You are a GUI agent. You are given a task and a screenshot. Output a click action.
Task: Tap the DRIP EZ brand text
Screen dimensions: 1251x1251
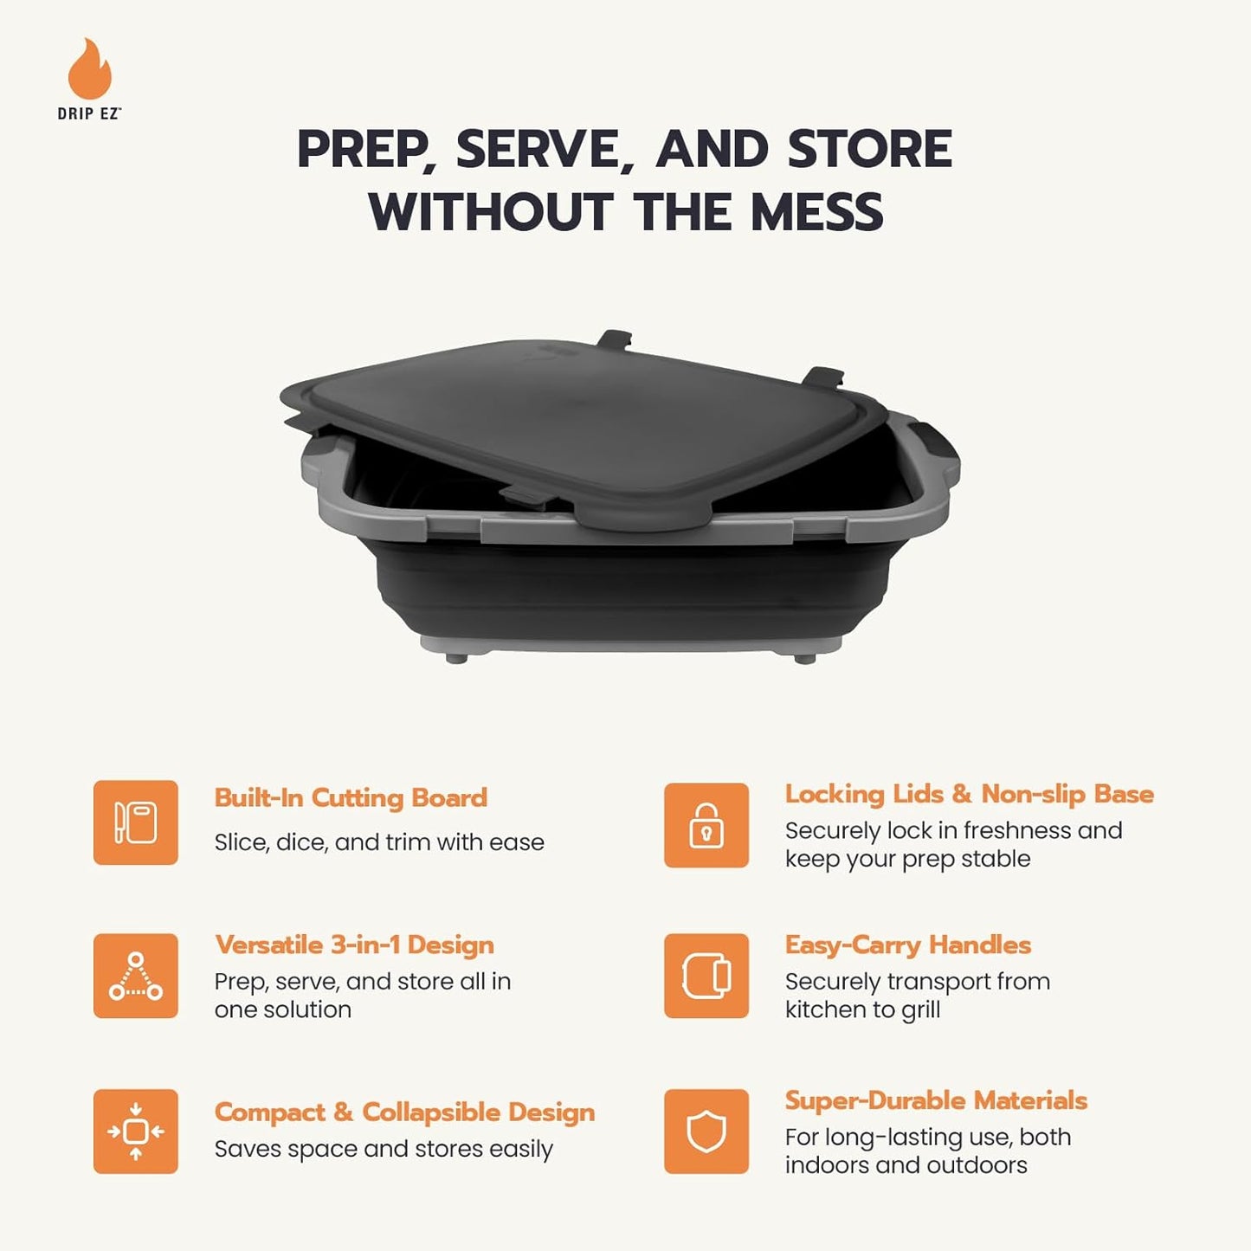(89, 113)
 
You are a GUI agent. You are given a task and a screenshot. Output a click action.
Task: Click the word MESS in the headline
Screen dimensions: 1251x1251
(816, 212)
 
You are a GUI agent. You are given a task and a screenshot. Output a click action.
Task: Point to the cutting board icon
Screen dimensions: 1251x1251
(136, 822)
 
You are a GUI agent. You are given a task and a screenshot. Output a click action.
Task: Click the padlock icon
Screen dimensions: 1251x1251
(706, 825)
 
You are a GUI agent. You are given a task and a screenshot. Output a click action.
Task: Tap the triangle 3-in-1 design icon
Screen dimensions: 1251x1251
(136, 976)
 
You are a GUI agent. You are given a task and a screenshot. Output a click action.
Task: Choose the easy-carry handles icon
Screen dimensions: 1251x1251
(706, 976)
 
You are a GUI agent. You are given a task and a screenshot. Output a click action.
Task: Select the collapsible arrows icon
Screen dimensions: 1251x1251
(136, 1132)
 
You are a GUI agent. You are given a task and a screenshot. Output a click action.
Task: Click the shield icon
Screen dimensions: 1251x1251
(706, 1132)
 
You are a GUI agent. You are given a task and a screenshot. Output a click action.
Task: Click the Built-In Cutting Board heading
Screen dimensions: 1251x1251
(351, 797)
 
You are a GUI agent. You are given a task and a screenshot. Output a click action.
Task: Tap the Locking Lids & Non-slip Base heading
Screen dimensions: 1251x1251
(969, 794)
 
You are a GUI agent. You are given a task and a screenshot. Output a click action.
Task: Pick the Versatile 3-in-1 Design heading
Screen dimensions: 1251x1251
(354, 945)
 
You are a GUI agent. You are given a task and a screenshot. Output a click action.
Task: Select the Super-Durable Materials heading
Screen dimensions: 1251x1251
(936, 1100)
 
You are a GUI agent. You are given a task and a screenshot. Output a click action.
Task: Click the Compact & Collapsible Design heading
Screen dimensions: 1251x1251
(404, 1112)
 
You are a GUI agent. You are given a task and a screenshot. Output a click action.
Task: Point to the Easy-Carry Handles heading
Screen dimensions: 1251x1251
(908, 945)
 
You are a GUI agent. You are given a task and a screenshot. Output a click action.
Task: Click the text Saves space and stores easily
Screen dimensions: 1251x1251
(384, 1149)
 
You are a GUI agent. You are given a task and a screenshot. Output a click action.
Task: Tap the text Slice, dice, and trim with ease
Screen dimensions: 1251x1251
(379, 842)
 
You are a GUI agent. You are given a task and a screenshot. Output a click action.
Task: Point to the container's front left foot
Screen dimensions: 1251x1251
(456, 657)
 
